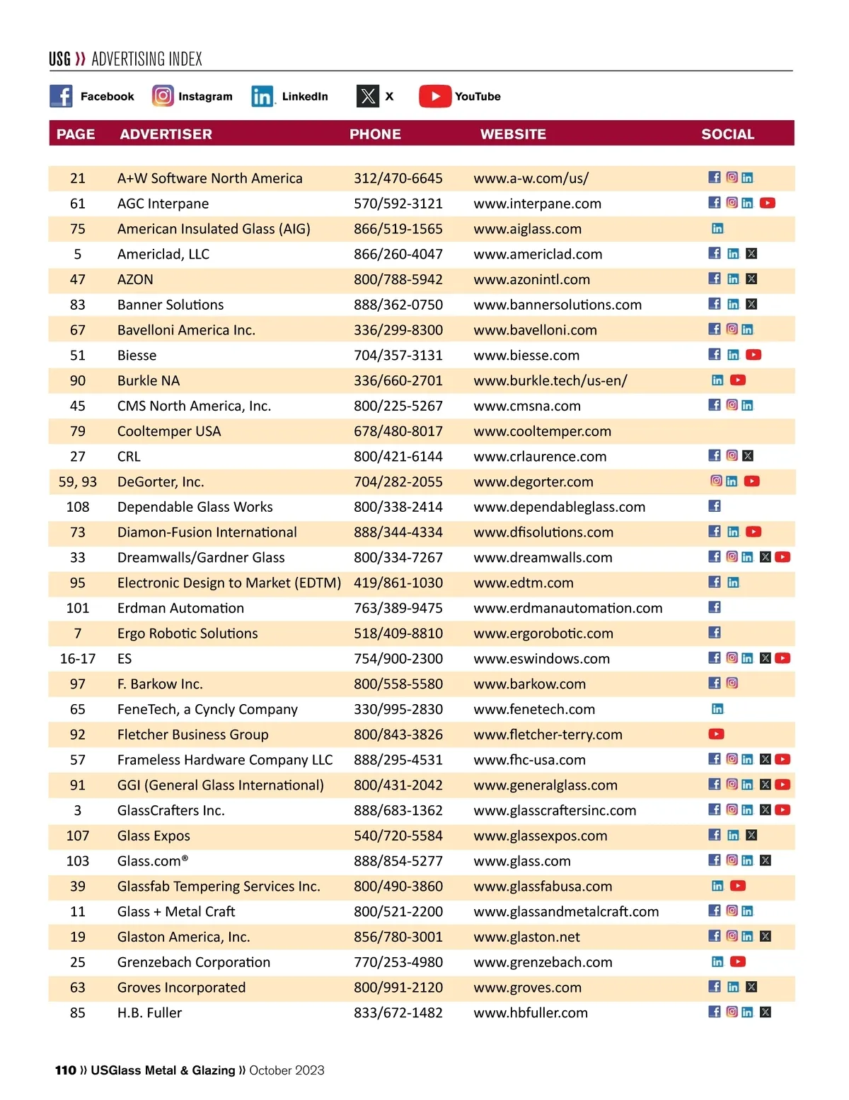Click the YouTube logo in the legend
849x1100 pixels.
[x=435, y=96]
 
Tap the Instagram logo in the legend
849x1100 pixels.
[x=163, y=96]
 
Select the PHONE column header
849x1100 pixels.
[x=375, y=134]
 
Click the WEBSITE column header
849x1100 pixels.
[x=513, y=134]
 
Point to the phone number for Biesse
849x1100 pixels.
[x=398, y=356]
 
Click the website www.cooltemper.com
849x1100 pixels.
[x=542, y=431]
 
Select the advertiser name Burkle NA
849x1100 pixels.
[x=149, y=381]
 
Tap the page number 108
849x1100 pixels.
[x=78, y=507]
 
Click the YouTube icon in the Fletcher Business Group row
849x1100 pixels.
[x=716, y=735]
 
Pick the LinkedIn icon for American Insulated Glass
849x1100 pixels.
[x=717, y=228]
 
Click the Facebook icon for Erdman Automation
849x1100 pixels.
[x=715, y=607]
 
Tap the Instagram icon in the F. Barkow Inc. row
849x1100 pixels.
[x=732, y=684]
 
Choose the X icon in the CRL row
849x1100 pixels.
[x=749, y=456]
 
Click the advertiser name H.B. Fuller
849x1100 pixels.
[x=149, y=1013]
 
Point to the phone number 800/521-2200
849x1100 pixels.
[x=398, y=912]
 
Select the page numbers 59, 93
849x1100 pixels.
[x=78, y=482]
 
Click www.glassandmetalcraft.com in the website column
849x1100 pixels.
[x=566, y=912]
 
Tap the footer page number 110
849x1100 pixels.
[x=66, y=1070]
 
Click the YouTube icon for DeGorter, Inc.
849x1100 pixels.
[x=751, y=481]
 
